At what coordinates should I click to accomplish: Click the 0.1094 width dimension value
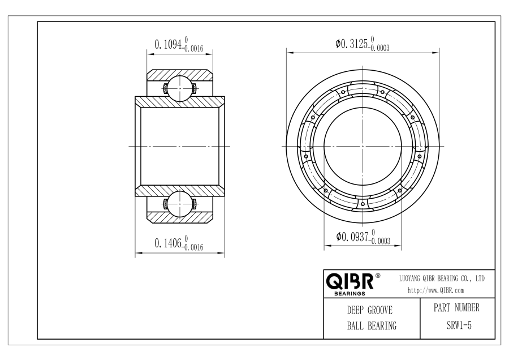[167, 44]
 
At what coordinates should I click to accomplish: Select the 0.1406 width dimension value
[167, 243]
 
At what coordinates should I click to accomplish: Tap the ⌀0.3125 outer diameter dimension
[351, 43]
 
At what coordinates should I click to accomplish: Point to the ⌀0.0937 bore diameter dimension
[352, 237]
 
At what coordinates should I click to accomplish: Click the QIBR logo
[350, 281]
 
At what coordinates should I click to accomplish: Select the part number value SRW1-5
[459, 325]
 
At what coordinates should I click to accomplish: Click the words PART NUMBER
[456, 307]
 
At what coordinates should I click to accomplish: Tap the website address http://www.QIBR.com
[435, 290]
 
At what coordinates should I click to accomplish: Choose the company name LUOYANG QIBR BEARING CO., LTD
[442, 278]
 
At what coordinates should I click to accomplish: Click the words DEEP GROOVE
[370, 310]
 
